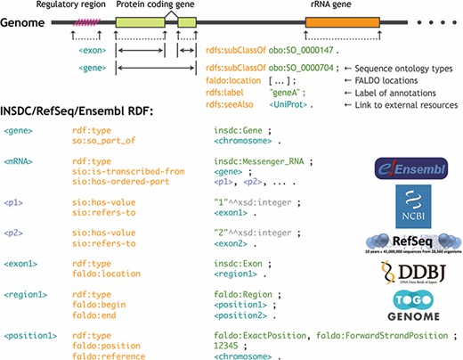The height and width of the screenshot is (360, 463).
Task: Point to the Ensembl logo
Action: tap(411, 168)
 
